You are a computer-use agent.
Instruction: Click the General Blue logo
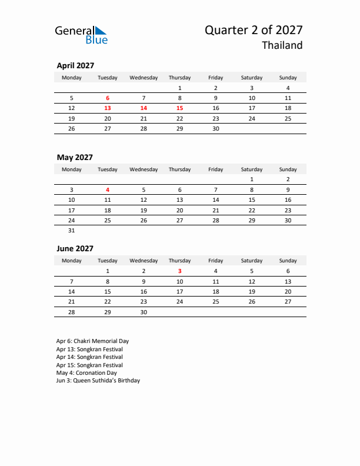pos(81,35)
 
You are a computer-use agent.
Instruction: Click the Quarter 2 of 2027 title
pos(254,30)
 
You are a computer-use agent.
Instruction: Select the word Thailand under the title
pos(282,45)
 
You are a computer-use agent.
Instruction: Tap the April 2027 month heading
pos(75,66)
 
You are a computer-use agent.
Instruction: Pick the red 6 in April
pos(108,98)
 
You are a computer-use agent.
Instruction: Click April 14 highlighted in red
pos(144,108)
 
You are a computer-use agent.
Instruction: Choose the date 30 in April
pos(216,128)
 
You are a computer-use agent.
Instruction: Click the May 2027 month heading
pos(75,157)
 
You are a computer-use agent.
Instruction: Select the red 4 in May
pos(108,190)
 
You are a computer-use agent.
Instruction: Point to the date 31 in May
pos(72,231)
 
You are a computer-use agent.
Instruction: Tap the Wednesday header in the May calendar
pos(144,169)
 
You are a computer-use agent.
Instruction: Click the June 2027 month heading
pos(75,248)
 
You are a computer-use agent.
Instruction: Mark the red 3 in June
pos(180,271)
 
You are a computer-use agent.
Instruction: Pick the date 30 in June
pos(144,312)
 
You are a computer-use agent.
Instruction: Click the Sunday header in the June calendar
pos(288,261)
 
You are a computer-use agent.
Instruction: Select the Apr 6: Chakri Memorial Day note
pos(92,341)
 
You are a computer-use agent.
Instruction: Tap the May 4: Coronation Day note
pos(86,373)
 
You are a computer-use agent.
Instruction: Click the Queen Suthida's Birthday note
pos(98,381)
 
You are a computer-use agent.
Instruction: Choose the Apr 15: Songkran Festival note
pos(89,365)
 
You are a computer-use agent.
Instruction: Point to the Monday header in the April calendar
pos(72,78)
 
